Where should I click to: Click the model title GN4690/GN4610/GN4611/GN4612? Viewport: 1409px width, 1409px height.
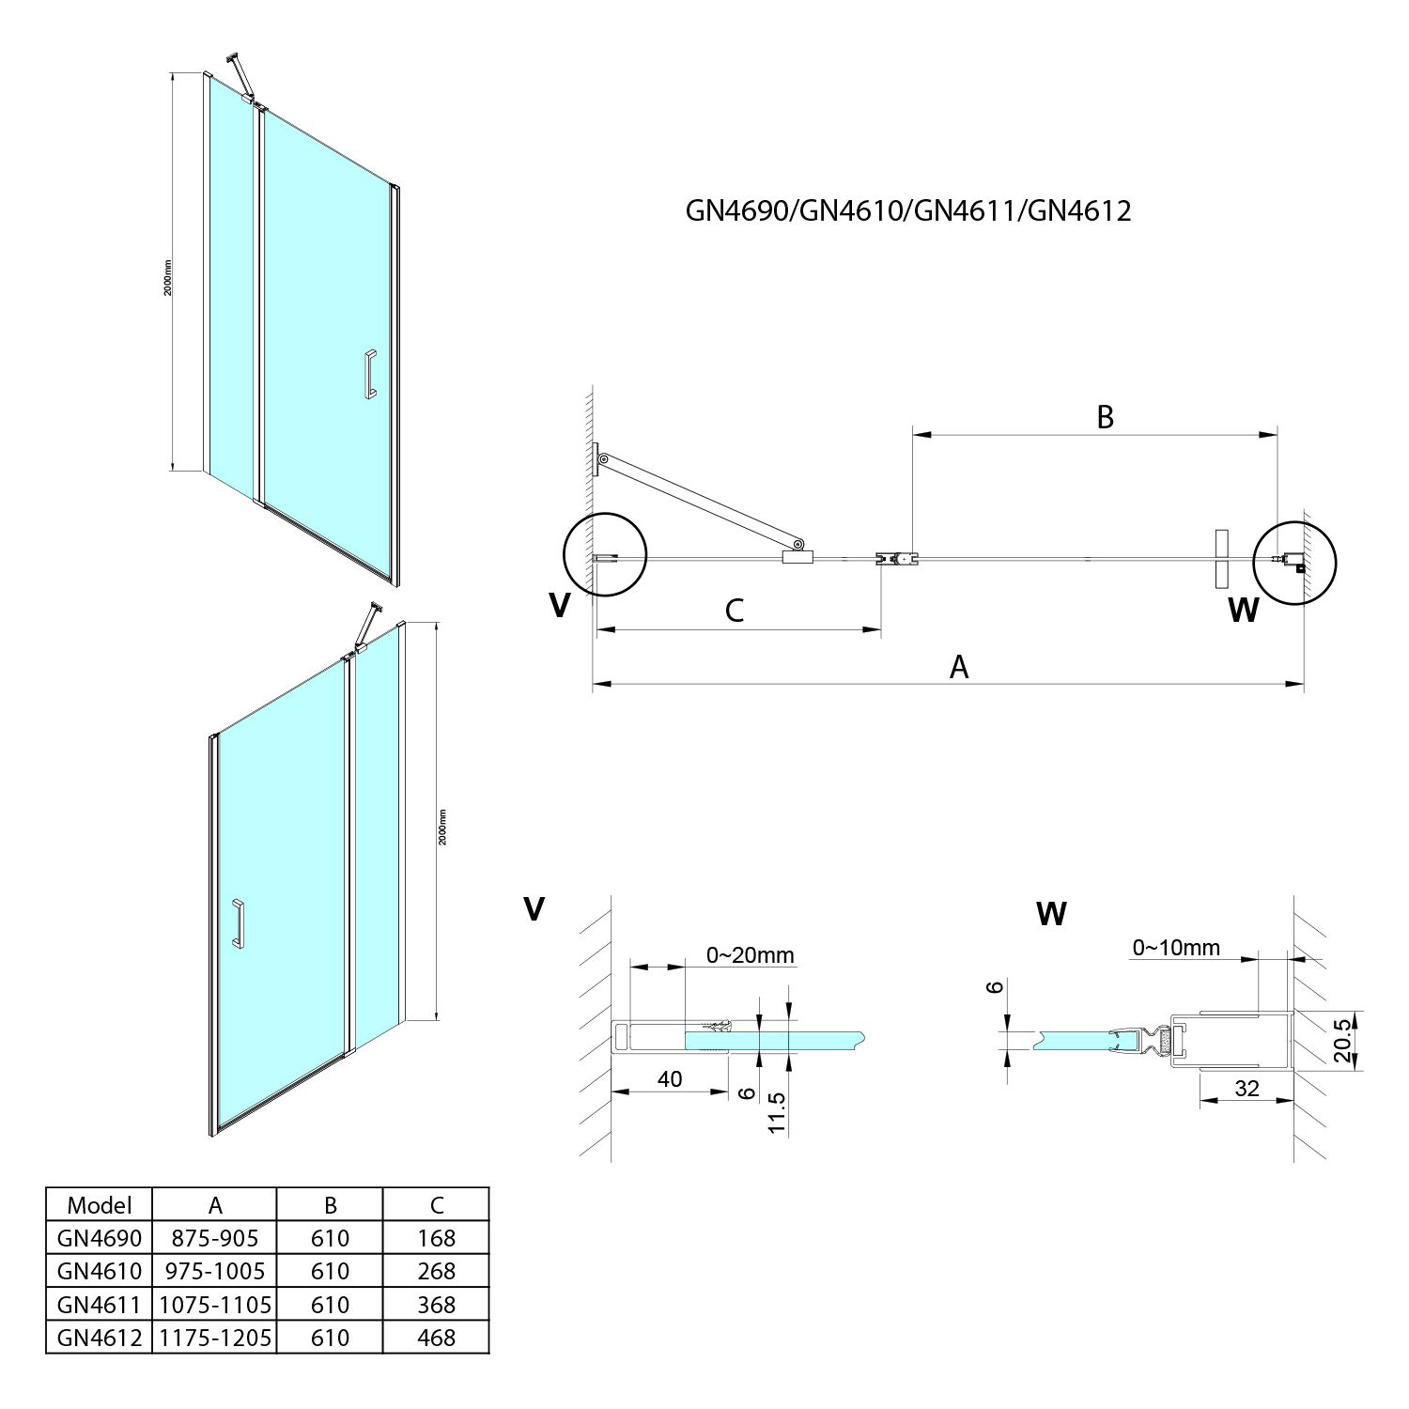click(x=908, y=209)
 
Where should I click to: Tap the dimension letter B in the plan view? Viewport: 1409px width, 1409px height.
click(x=1105, y=417)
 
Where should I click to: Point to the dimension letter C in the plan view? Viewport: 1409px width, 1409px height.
click(x=735, y=610)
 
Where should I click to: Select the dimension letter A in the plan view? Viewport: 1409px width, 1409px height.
click(x=958, y=667)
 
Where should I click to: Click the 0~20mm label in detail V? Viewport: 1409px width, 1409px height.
click(x=751, y=955)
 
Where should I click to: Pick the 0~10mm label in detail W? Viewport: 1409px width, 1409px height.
click(x=1176, y=948)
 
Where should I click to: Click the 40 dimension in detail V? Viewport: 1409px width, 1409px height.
click(x=669, y=1079)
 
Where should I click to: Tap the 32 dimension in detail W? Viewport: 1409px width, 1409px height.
click(x=1246, y=1088)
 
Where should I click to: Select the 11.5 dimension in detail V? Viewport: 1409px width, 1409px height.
click(x=776, y=1113)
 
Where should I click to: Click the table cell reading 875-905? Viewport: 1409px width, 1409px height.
click(x=214, y=1238)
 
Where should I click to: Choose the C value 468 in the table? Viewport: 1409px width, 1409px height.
click(x=436, y=1337)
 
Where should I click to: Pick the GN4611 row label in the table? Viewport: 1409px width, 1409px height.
click(x=99, y=1304)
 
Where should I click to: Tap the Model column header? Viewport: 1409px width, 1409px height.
click(x=99, y=1205)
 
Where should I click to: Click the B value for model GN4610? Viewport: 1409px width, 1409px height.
click(x=330, y=1271)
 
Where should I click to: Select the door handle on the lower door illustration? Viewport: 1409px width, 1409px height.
click(x=239, y=925)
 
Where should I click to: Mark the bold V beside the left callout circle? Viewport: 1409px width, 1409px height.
click(x=559, y=606)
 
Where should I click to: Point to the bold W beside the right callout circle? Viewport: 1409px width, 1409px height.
click(x=1243, y=611)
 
